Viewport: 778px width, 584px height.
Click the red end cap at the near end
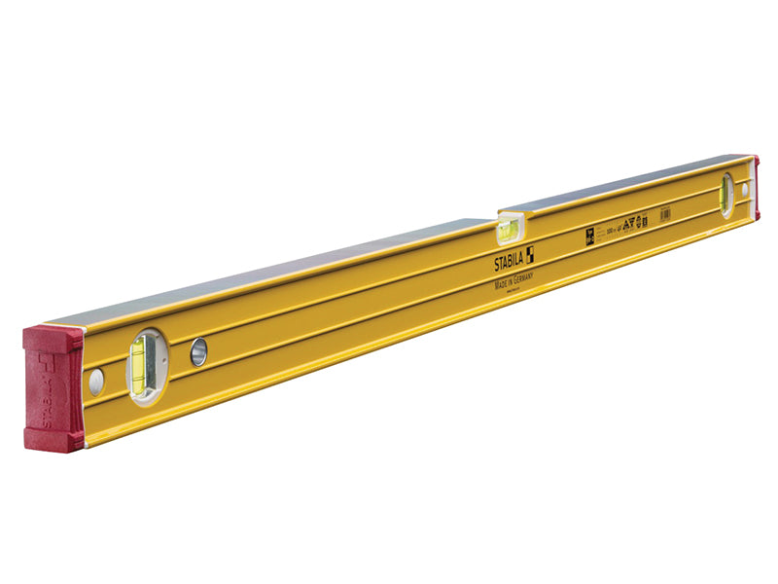click(x=53, y=388)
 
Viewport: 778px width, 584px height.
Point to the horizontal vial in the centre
click(x=507, y=231)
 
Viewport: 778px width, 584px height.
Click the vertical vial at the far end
click(x=725, y=194)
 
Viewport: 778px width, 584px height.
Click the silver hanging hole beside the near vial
click(x=198, y=351)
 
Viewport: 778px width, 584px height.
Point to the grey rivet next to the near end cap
click(x=95, y=382)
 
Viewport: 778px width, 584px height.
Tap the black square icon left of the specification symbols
click(x=590, y=234)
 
